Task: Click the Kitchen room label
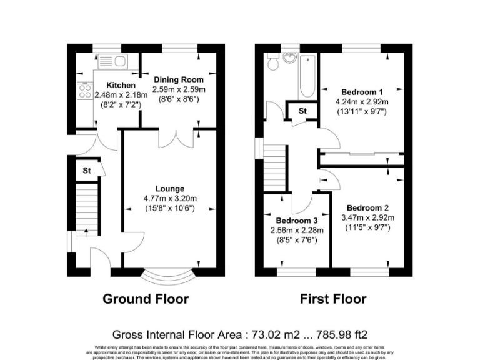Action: point(121,85)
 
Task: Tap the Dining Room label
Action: point(178,80)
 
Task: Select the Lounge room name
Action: point(170,189)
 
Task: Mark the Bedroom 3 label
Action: point(297,221)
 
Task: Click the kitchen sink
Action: point(113,61)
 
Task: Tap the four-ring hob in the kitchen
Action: point(84,92)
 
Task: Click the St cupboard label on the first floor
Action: point(302,111)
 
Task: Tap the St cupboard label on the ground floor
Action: point(87,170)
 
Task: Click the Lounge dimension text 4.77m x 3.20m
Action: point(170,199)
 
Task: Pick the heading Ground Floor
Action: point(146,299)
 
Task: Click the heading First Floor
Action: point(333,299)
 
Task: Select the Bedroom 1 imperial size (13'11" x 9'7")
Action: point(363,111)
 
